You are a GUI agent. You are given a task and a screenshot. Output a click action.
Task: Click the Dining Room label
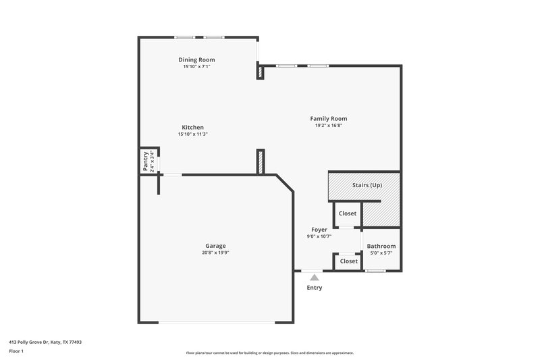[x=196, y=59]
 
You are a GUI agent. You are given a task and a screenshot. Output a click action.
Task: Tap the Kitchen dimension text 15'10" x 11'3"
[x=192, y=134]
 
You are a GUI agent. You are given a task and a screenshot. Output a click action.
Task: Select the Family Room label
[x=329, y=119]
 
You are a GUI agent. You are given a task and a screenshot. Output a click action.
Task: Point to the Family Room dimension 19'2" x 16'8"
[x=329, y=126]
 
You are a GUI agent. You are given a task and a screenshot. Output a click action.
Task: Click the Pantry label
[x=145, y=161]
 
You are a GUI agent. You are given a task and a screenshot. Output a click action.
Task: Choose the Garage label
[x=215, y=246]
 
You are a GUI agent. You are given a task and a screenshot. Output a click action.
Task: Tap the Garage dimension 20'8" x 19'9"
[x=215, y=253]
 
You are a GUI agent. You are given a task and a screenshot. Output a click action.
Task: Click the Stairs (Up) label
[x=367, y=184]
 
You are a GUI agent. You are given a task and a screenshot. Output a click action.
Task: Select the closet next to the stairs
[x=348, y=213]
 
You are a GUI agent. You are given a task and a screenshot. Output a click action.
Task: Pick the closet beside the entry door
[x=348, y=261]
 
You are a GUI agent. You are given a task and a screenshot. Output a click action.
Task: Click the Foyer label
[x=319, y=230]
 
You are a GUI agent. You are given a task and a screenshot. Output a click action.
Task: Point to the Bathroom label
[x=381, y=246]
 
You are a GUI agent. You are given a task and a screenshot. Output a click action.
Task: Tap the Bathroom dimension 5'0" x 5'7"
[x=381, y=253]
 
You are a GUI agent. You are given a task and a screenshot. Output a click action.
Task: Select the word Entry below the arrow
[x=314, y=288]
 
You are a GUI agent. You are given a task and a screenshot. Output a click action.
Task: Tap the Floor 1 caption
[x=16, y=351]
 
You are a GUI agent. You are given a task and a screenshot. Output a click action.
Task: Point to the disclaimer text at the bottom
[x=270, y=353]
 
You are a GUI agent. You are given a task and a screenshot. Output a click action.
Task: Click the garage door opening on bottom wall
[x=216, y=322]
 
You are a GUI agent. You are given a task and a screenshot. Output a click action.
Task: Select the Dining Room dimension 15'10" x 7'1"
[x=196, y=67]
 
